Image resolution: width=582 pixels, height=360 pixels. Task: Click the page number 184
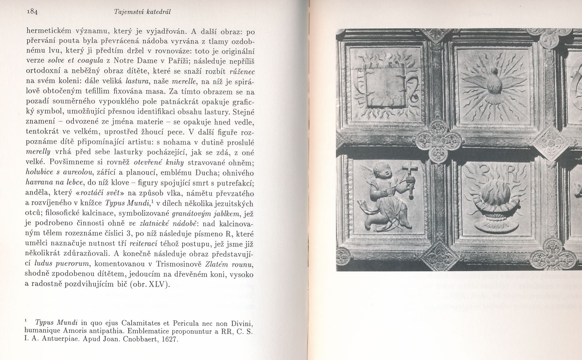pos(32,11)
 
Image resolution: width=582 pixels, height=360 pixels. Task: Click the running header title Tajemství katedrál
pos(142,12)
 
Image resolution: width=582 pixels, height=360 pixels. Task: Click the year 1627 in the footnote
pos(169,339)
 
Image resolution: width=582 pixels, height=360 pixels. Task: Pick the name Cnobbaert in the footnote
pos(140,339)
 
